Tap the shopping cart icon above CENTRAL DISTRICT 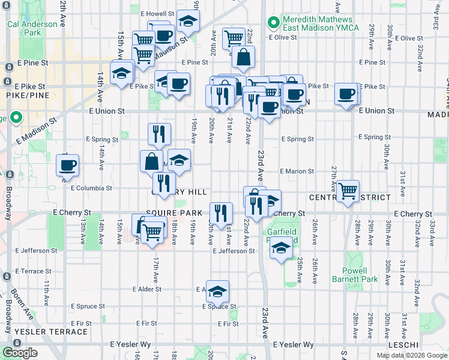click(348, 191)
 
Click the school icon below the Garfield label click(281, 248)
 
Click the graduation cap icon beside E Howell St click(188, 22)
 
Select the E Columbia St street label click(91, 188)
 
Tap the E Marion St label click(297, 172)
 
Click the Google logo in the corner click(20, 353)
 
